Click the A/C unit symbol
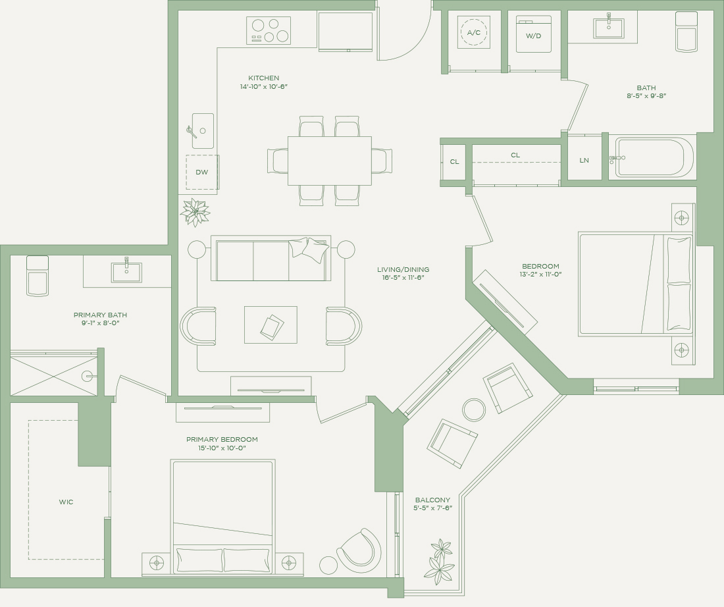pyautogui.click(x=474, y=32)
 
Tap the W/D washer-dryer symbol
pyautogui.click(x=533, y=34)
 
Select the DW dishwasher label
pyautogui.click(x=202, y=172)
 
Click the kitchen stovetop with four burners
pyautogui.click(x=269, y=30)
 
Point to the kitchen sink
pyautogui.click(x=203, y=131)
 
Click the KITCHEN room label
pyautogui.click(x=264, y=78)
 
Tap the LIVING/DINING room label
pyautogui.click(x=403, y=269)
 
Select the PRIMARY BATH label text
pyautogui.click(x=100, y=315)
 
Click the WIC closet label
pyautogui.click(x=66, y=502)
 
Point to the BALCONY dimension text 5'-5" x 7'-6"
pyautogui.click(x=432, y=508)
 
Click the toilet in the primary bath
pyautogui.click(x=38, y=276)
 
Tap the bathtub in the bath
pyautogui.click(x=654, y=157)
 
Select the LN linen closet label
pyautogui.click(x=584, y=160)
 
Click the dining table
pyautogui.click(x=330, y=160)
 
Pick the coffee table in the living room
pyautogui.click(x=271, y=325)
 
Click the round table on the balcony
pyautogui.click(x=474, y=409)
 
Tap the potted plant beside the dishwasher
pyautogui.click(x=195, y=212)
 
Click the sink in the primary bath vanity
pyautogui.click(x=126, y=272)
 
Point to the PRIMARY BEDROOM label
pyautogui.click(x=222, y=439)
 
